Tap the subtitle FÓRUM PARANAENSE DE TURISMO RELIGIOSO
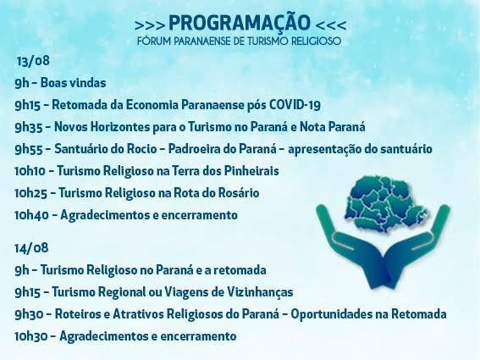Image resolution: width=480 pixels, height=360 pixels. pyautogui.click(x=240, y=41)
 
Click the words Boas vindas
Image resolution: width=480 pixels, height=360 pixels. pyautogui.click(x=70, y=83)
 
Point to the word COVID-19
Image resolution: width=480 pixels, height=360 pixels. pyautogui.click(x=292, y=105)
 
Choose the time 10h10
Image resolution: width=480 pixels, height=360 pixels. pyautogui.click(x=32, y=171)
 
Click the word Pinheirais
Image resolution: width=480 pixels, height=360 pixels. pyautogui.click(x=249, y=171)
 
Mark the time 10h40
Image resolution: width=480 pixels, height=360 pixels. pyautogui.click(x=32, y=215)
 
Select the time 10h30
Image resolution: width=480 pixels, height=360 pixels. pyautogui.click(x=32, y=335)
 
